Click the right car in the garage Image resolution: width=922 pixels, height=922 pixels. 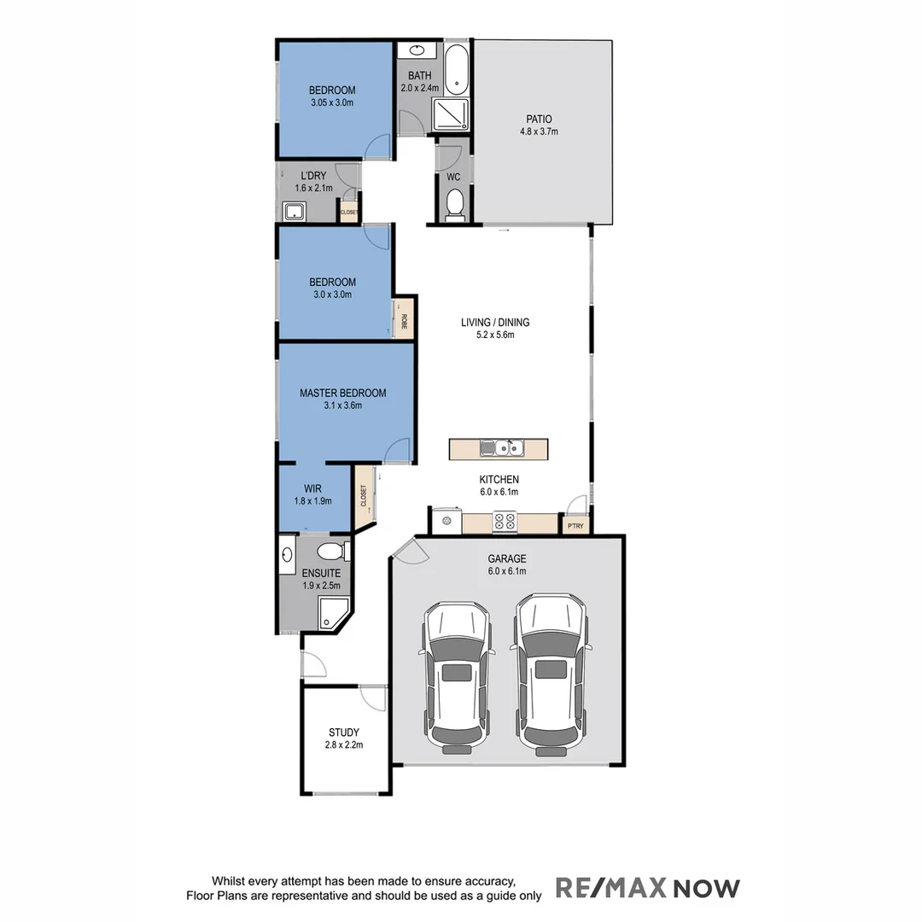click(x=551, y=674)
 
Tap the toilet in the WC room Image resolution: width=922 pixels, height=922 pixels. click(x=454, y=203)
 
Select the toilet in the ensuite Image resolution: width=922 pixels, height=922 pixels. click(x=330, y=550)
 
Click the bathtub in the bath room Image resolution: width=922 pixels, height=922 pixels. click(x=456, y=69)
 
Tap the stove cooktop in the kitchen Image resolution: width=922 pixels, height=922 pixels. click(x=505, y=522)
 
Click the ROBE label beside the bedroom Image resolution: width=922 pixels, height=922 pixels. click(x=403, y=322)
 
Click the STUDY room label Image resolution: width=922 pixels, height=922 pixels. click(x=344, y=732)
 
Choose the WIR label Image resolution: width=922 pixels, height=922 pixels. click(x=312, y=489)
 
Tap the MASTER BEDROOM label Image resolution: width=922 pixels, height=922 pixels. click(x=342, y=394)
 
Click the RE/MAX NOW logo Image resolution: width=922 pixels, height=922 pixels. click(x=648, y=888)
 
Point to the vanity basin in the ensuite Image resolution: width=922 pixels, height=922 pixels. click(x=287, y=557)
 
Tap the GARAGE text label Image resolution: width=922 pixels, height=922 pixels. click(x=507, y=559)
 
